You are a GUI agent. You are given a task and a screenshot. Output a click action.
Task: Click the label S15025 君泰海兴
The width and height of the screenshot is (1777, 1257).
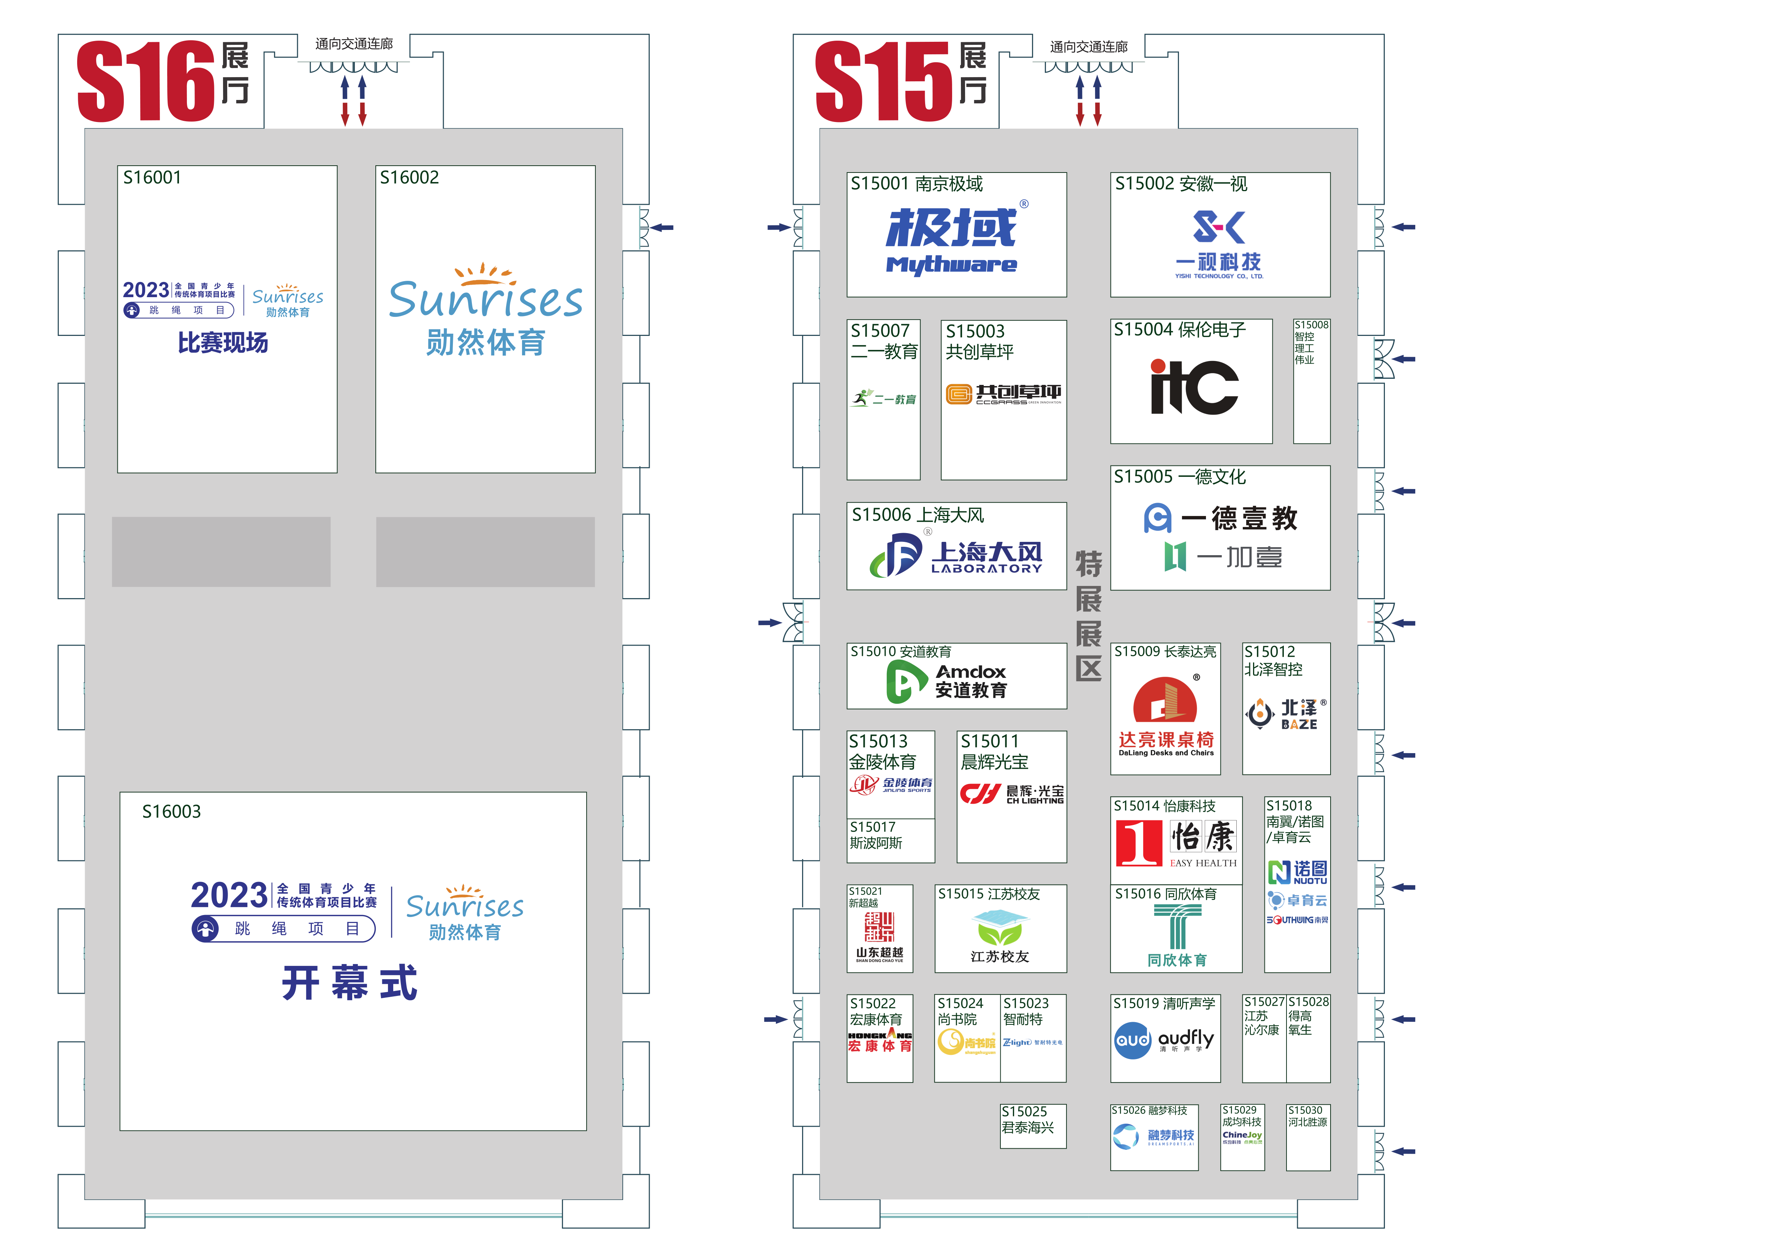tap(1028, 1119)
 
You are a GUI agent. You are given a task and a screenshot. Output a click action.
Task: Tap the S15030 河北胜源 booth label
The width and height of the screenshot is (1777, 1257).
tap(1307, 1116)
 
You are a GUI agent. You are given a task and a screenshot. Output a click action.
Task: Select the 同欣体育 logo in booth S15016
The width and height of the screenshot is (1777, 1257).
tap(1176, 937)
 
